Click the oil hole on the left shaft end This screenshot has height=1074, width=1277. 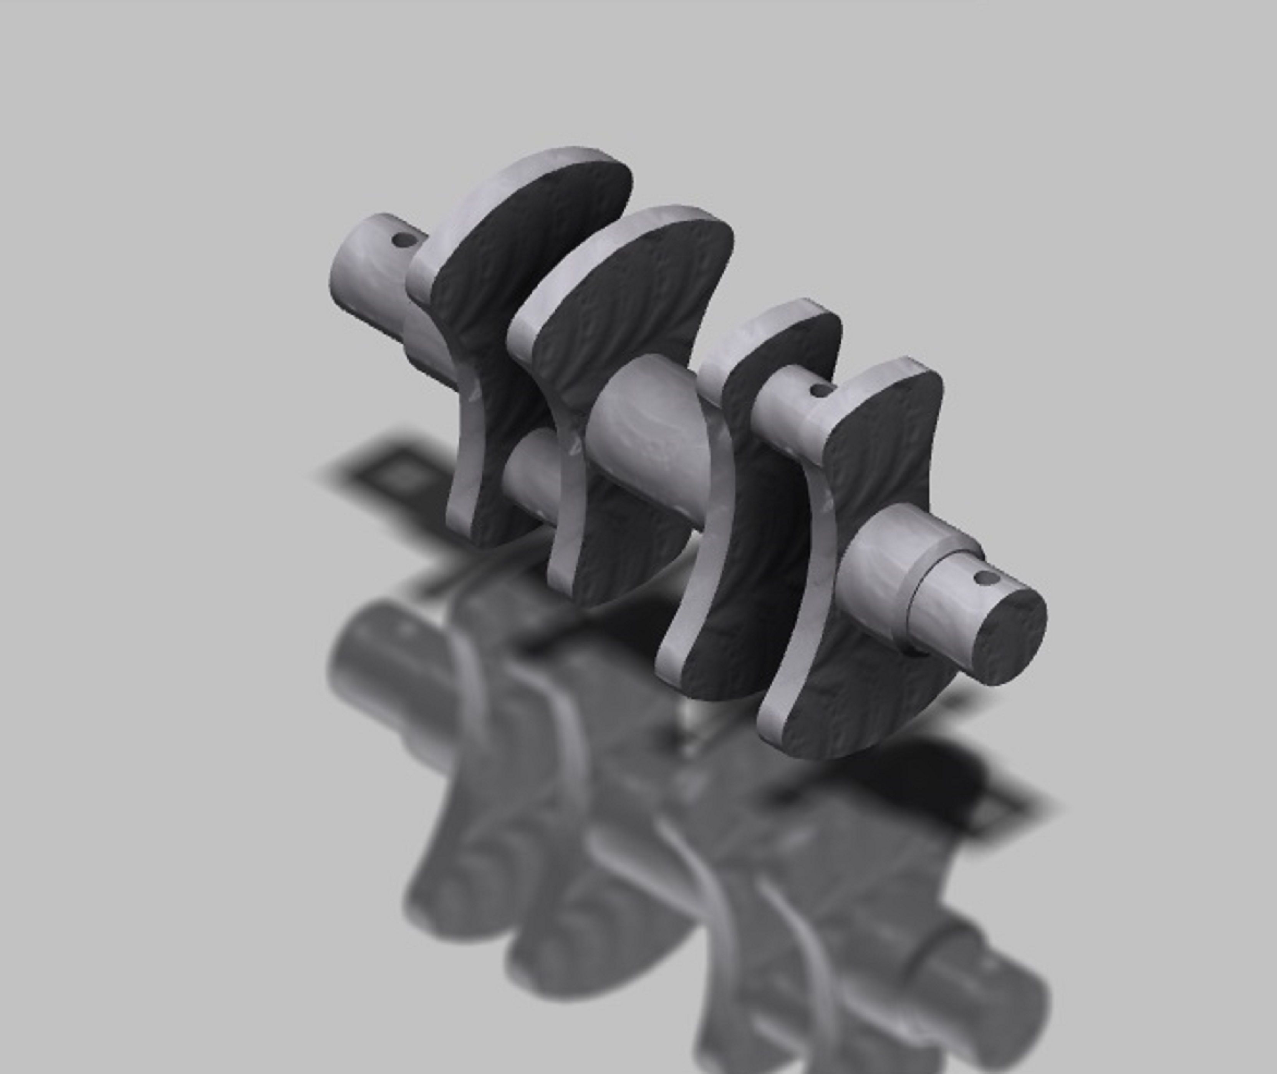pyautogui.click(x=402, y=240)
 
